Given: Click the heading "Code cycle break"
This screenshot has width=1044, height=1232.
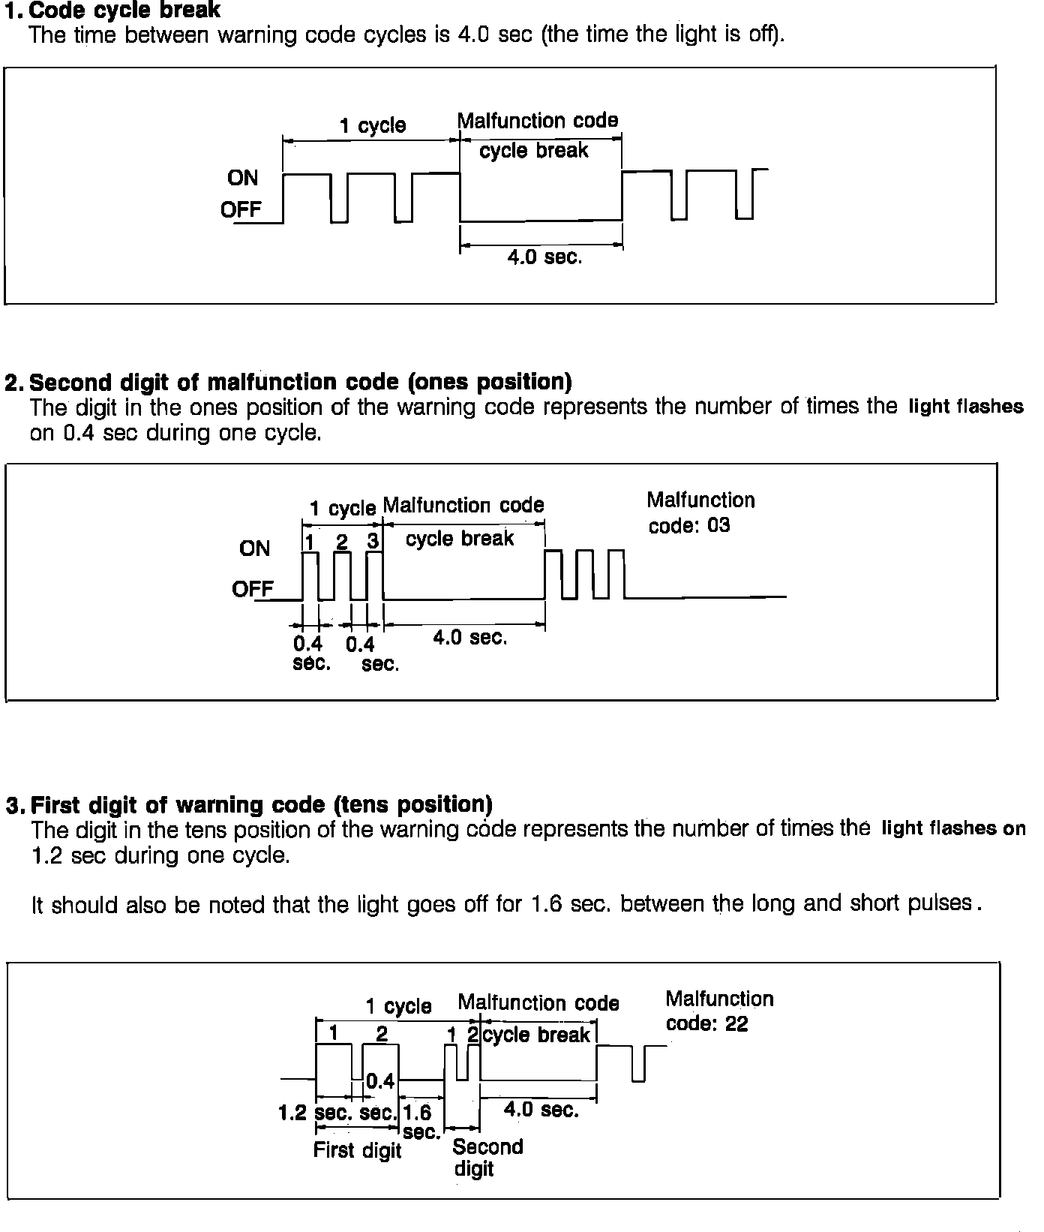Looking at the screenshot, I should [x=124, y=11].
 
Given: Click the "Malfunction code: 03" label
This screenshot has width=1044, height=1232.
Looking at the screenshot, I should [x=700, y=513].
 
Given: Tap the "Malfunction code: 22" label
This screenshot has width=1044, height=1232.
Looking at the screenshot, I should [x=718, y=1011].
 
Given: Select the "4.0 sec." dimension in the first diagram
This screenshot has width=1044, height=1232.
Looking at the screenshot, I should [x=544, y=257].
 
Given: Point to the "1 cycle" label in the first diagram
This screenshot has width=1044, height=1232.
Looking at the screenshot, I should [x=372, y=125].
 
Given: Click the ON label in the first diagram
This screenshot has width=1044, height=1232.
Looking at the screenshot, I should [x=242, y=178].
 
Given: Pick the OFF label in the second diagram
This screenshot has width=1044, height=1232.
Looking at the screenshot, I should [x=252, y=589].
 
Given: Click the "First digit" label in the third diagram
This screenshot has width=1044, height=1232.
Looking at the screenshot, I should [x=357, y=1150].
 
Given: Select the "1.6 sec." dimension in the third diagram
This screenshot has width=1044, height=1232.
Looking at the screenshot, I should [x=418, y=1121].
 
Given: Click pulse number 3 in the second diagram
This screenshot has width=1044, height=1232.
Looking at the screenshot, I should [x=373, y=541].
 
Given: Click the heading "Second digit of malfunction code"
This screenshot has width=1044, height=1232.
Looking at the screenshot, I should [x=300, y=383].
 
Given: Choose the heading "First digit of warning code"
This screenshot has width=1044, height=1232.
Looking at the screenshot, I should [x=262, y=805].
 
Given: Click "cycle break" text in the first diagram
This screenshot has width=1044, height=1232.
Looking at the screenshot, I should [x=533, y=151].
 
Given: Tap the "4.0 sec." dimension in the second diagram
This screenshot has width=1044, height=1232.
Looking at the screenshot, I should [x=469, y=638].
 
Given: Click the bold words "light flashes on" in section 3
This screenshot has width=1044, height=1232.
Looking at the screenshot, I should [x=953, y=828].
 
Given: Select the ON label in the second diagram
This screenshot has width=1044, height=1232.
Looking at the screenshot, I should [x=254, y=548].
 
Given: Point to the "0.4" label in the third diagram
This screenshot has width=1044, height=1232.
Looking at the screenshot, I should [x=380, y=1081].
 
